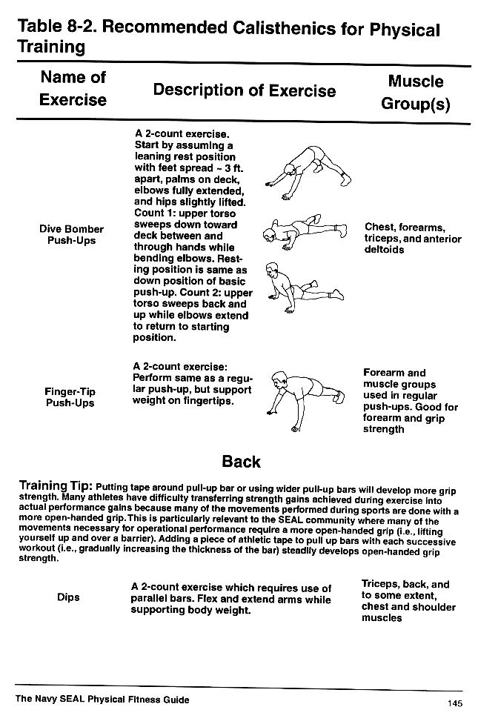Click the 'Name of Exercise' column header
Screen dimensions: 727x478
pos(73,88)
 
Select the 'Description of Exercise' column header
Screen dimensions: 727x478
pos(244,90)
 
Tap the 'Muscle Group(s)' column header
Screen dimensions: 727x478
pos(415,93)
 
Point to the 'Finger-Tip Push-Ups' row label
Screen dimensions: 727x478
pos(70,397)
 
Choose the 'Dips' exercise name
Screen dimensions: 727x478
pos(68,597)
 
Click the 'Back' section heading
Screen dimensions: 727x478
pos(241,462)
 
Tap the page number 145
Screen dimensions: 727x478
pos(454,703)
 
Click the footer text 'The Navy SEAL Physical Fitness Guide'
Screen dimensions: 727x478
pos(102,700)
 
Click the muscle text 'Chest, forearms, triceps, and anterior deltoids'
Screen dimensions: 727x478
pos(412,239)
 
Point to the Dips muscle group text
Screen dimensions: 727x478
pos(408,601)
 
